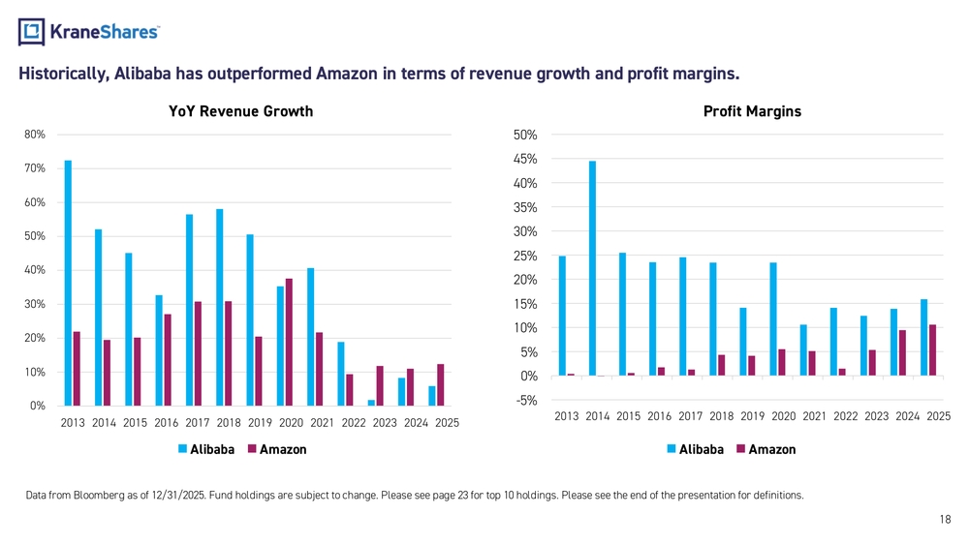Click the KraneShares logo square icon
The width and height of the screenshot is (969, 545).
(32, 32)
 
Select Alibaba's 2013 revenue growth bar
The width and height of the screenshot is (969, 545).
(68, 284)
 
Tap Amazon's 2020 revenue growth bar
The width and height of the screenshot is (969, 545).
(289, 343)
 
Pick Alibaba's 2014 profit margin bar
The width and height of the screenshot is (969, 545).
(593, 268)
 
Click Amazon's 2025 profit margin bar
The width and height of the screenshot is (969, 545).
(932, 350)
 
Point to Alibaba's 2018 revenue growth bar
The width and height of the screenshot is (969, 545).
(219, 308)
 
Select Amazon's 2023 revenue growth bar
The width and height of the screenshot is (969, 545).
(380, 386)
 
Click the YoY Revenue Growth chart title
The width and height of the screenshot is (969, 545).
(241, 111)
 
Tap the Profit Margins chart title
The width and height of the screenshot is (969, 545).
(752, 111)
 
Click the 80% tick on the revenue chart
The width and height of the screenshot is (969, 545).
(35, 135)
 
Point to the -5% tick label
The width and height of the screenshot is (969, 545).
(525, 401)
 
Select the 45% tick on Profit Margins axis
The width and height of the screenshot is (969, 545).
(525, 160)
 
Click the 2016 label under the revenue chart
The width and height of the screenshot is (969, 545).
(167, 423)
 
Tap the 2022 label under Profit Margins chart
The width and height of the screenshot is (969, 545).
(845, 416)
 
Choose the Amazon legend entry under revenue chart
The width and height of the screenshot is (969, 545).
(277, 449)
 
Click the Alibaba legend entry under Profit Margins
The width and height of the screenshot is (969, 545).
(695, 449)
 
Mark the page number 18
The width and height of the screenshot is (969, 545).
(945, 520)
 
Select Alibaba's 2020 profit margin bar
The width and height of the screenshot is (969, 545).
(773, 319)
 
